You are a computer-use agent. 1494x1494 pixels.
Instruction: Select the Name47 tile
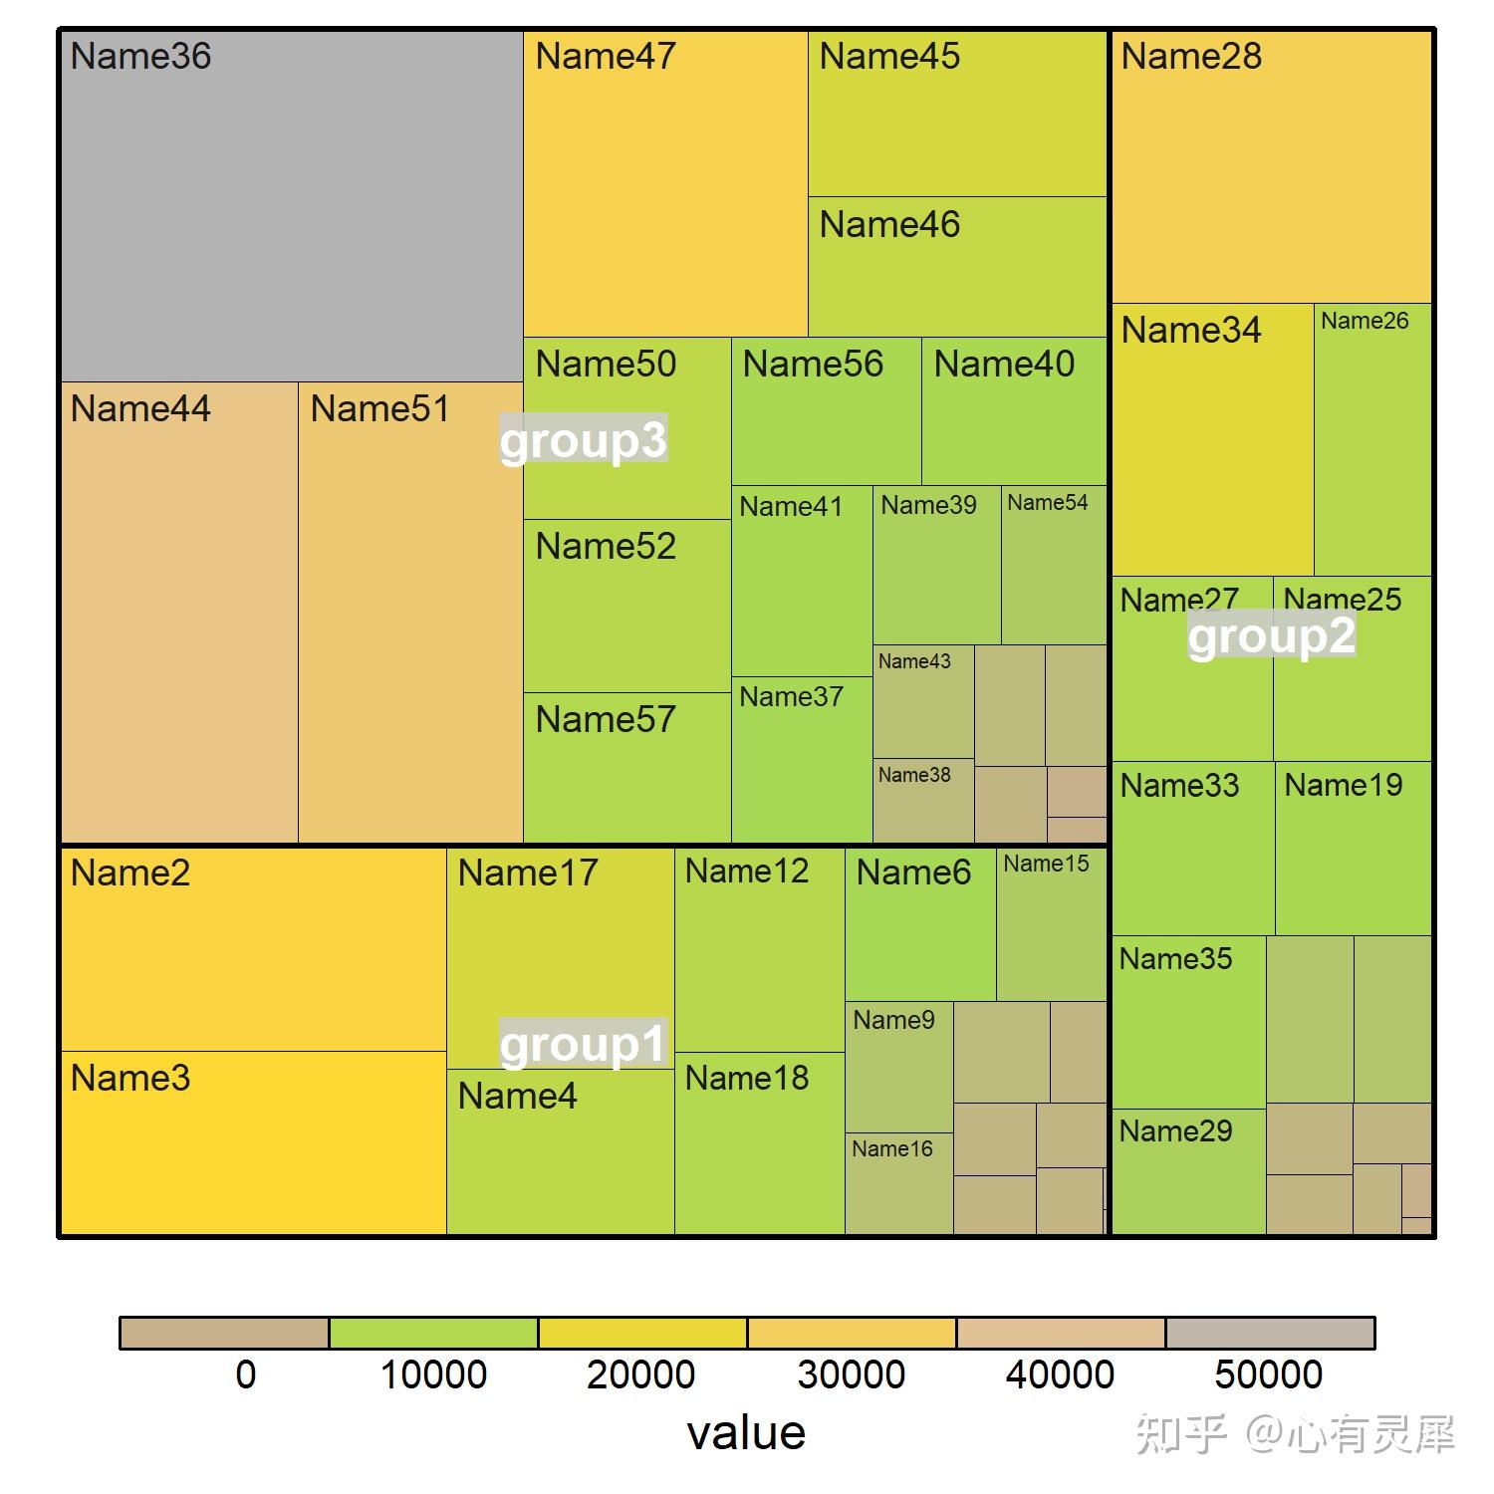pos(665,184)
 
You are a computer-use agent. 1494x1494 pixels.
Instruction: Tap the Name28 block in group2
pos(1271,167)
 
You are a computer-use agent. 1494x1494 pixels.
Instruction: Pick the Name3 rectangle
pos(253,1142)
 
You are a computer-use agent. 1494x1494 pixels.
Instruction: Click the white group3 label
pos(583,440)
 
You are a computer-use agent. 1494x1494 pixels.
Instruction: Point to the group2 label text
pos(1271,635)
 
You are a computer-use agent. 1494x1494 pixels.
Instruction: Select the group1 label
pos(583,1044)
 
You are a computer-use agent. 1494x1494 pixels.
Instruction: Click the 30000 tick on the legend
pos(851,1374)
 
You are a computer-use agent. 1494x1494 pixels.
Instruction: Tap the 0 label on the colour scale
pos(245,1374)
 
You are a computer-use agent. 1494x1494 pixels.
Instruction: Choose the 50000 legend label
pos(1268,1374)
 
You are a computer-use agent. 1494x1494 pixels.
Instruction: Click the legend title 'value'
pos(746,1432)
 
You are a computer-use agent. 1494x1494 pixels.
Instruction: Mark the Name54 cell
pos(1054,565)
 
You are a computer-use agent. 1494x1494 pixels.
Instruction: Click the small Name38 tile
pos(923,801)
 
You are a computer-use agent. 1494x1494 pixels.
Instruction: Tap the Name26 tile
pos(1372,439)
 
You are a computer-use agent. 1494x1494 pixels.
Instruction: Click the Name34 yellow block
pos(1212,439)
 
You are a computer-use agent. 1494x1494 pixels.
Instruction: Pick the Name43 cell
pos(923,701)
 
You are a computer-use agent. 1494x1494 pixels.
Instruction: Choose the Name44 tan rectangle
pos(179,613)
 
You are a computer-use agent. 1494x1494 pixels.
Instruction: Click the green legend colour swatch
pos(433,1333)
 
